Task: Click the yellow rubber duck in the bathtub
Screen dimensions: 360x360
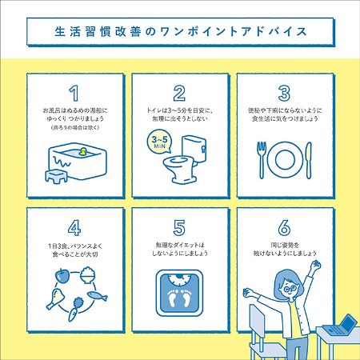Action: [x=83, y=151]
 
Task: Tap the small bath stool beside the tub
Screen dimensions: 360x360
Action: [x=56, y=176]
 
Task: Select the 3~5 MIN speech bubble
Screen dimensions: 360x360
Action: [x=159, y=142]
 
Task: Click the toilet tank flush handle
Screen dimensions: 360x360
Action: [x=204, y=149]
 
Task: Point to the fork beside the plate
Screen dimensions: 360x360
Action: [x=262, y=160]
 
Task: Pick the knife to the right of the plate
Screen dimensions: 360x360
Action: [x=309, y=160]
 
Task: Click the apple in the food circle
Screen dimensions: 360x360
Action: [x=62, y=276]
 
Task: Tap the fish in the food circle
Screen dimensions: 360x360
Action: [x=98, y=295]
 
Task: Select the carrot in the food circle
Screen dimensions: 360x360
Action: [x=75, y=309]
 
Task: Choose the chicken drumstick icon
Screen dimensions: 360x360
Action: [x=56, y=298]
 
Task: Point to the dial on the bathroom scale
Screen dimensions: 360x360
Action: [x=179, y=279]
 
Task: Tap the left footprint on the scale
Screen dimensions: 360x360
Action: [x=172, y=298]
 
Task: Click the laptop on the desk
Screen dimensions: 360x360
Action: [x=340, y=326]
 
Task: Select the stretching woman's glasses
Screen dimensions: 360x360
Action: [x=290, y=289]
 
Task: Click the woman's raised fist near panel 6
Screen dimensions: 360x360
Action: [x=316, y=265]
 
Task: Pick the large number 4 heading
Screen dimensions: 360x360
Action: [x=74, y=227]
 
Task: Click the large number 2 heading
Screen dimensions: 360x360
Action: [x=179, y=93]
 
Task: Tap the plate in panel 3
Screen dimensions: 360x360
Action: [x=286, y=160]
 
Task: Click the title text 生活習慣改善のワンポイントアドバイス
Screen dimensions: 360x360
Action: [x=181, y=31]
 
